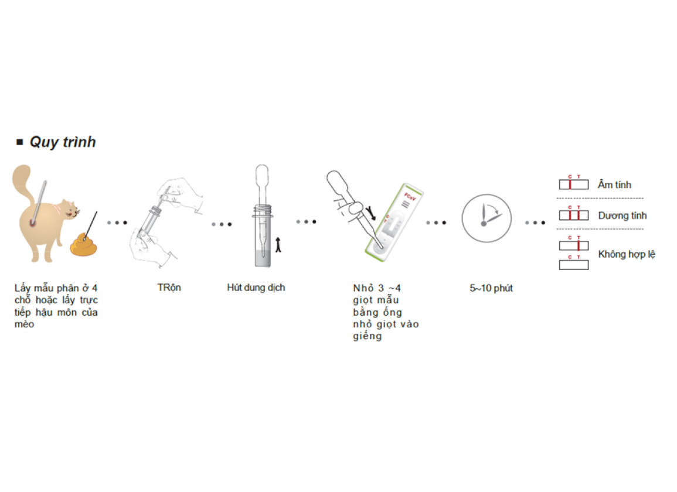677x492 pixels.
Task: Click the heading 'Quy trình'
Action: pos(62,142)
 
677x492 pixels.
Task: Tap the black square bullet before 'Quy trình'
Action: pos(20,142)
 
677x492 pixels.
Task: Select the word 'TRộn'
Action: pos(169,288)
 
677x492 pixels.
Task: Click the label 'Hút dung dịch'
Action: pos(256,288)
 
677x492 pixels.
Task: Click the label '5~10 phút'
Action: pos(491,288)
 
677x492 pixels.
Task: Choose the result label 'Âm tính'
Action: pos(615,184)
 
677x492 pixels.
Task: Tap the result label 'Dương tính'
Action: pos(622,216)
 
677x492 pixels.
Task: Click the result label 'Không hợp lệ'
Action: pos(627,254)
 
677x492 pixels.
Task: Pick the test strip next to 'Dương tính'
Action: pos(574,215)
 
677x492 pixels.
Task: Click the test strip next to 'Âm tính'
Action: pos(574,184)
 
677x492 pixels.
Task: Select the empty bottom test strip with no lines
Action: pos(574,265)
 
